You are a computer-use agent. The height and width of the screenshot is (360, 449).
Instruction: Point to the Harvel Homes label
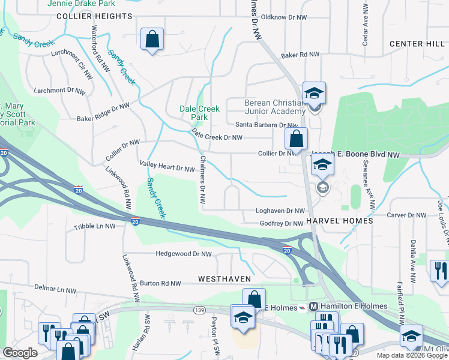pos(340,221)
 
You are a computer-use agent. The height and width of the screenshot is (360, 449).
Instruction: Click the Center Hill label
pos(416,44)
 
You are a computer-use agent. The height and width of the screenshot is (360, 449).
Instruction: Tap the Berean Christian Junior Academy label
pos(275,107)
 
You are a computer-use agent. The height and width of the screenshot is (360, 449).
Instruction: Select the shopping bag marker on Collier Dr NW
pos(296,139)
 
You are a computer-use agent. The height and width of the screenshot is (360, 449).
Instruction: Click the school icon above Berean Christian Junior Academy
pos(314,93)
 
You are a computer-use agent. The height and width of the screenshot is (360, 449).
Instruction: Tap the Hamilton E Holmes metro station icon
pos(313,307)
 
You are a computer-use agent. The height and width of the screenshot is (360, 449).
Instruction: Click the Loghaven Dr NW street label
pos(280,211)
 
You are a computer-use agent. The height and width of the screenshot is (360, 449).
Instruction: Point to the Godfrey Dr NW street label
pos(282,224)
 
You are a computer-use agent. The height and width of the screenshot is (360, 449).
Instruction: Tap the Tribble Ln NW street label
pos(94,227)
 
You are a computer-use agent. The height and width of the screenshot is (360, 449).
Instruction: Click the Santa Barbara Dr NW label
pos(266,125)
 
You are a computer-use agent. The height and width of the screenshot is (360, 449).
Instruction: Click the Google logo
pos(20,353)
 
